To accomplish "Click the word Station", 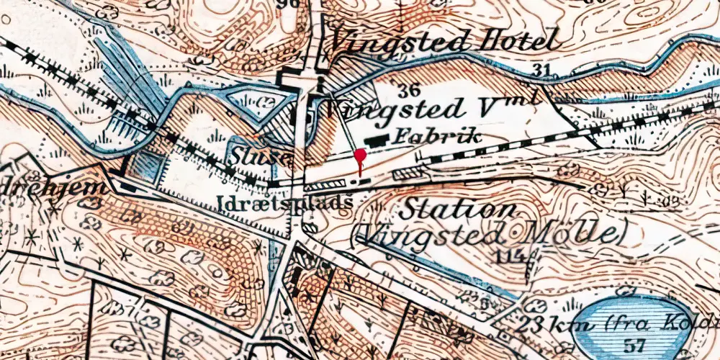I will (458, 210).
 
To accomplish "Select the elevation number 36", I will (410, 90).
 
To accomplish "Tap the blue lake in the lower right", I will (634, 320).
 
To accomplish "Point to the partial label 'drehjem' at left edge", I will (54, 189).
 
